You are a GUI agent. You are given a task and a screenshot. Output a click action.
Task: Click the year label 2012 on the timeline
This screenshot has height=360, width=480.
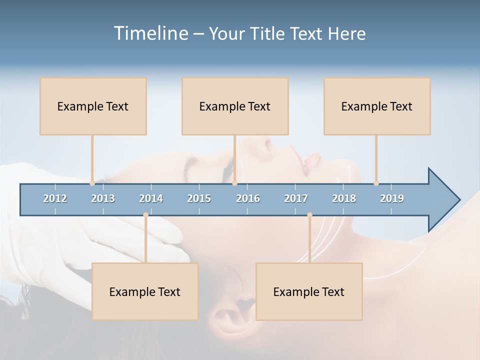click(55, 198)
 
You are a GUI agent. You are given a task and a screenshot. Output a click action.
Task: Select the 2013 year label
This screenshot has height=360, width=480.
click(103, 198)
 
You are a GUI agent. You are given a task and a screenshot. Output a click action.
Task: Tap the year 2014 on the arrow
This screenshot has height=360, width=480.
click(151, 198)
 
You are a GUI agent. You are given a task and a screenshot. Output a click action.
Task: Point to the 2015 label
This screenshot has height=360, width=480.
click(199, 198)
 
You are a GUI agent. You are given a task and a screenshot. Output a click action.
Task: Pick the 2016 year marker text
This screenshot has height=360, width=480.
click(248, 198)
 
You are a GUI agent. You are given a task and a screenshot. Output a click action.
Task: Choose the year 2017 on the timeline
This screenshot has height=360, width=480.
click(296, 198)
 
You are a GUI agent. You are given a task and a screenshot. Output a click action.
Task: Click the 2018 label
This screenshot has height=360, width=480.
click(344, 198)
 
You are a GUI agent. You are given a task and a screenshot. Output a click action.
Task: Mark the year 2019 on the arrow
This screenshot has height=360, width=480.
click(392, 198)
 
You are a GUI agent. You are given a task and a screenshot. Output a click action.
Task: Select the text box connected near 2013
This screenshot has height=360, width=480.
click(93, 106)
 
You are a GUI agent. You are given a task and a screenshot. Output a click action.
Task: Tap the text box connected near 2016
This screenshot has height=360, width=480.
click(235, 106)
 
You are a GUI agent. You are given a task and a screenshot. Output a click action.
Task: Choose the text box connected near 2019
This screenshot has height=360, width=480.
click(377, 106)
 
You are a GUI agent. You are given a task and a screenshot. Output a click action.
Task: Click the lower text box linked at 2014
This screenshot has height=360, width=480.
click(145, 291)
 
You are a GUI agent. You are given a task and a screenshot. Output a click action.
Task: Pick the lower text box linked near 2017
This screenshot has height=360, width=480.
click(309, 291)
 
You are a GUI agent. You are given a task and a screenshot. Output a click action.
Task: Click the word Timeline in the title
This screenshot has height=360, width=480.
click(149, 33)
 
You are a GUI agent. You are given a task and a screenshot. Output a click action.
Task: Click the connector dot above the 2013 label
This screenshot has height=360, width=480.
click(92, 183)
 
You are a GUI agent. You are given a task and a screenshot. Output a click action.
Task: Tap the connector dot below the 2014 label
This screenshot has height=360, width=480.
click(145, 215)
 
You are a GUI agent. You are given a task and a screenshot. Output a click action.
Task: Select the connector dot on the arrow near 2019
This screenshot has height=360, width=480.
click(376, 183)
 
